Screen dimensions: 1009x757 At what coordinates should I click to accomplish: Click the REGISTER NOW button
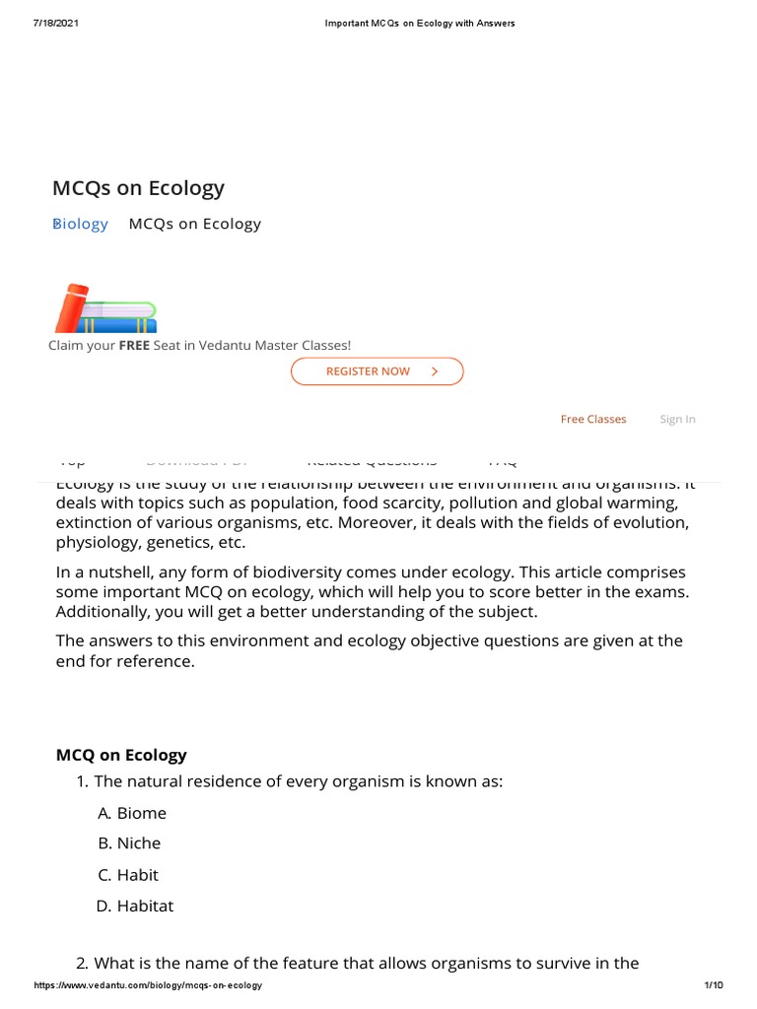tap(377, 371)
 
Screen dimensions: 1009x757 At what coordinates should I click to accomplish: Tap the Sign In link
tap(677, 419)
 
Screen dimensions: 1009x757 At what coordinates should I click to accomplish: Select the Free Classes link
tap(593, 419)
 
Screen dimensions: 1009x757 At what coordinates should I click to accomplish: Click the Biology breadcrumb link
tap(81, 224)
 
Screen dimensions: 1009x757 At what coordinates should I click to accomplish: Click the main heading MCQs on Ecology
tap(139, 187)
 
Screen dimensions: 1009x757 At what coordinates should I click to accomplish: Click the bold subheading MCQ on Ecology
tap(121, 755)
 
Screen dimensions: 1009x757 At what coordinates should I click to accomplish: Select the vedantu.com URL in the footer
tap(148, 985)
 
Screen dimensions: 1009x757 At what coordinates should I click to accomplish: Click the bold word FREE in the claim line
tap(134, 345)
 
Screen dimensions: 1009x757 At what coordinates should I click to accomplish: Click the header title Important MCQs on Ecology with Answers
tap(420, 23)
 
